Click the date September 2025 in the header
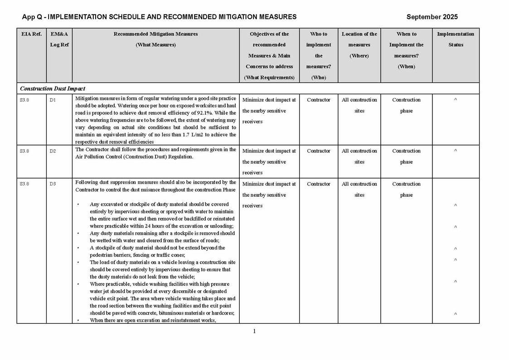(x=431, y=17)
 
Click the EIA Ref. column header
(x=31, y=34)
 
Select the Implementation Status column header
(x=456, y=39)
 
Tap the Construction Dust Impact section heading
(x=53, y=88)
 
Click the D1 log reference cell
(x=53, y=100)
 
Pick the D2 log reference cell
(x=53, y=151)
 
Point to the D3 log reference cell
(x=53, y=184)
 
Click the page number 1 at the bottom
(x=254, y=331)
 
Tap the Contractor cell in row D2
(x=318, y=151)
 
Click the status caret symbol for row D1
(x=456, y=100)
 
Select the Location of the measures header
(x=359, y=44)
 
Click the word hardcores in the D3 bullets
(x=221, y=313)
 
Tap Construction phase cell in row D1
(x=406, y=105)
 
